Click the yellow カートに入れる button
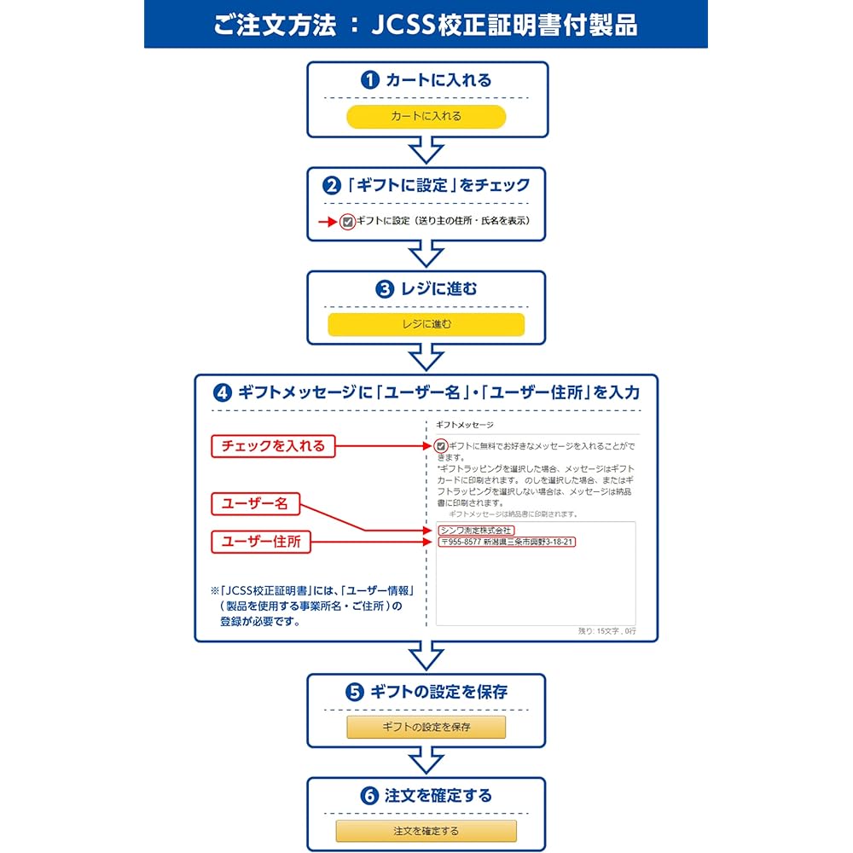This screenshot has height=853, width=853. point(426,117)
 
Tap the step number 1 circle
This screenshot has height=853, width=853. point(369,80)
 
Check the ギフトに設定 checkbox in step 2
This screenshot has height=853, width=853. point(347,222)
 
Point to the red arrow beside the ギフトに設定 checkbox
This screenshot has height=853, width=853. point(328,222)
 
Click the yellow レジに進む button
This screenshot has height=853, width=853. point(426,324)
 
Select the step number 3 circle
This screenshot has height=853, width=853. point(385,288)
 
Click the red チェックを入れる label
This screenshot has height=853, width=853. point(273,445)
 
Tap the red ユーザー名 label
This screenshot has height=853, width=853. point(255,504)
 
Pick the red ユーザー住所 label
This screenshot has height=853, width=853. point(260,542)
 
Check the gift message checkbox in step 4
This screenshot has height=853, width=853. point(440,445)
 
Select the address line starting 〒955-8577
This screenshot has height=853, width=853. point(507,542)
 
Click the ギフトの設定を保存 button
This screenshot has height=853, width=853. point(426,727)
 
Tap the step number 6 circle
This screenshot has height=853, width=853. point(369,796)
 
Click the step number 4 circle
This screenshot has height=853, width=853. point(223,393)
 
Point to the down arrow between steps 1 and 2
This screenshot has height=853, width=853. point(426,151)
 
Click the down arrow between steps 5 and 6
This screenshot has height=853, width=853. point(426,761)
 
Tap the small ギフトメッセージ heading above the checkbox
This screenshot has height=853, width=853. point(464,424)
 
